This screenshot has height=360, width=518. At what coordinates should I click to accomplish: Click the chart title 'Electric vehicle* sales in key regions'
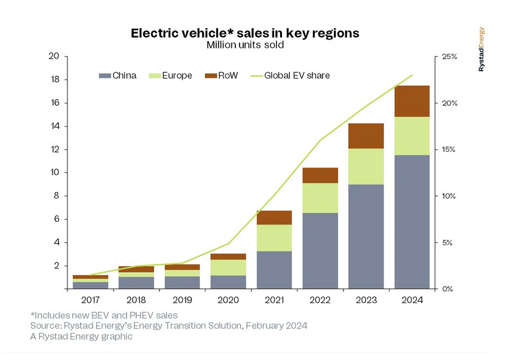pyautogui.click(x=245, y=33)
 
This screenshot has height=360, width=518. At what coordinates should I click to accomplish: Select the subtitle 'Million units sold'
pyautogui.click(x=245, y=45)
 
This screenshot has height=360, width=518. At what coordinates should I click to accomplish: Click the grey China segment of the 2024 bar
pyautogui.click(x=412, y=221)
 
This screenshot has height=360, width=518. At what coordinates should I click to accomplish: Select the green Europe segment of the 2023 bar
pyautogui.click(x=366, y=166)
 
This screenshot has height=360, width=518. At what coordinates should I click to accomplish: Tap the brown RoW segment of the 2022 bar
pyautogui.click(x=320, y=175)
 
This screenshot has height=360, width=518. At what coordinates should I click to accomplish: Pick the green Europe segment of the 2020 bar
pyautogui.click(x=229, y=267)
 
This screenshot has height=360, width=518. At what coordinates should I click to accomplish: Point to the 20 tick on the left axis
pyautogui.click(x=54, y=56)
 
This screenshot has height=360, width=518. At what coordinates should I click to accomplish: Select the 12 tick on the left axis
pyautogui.click(x=54, y=150)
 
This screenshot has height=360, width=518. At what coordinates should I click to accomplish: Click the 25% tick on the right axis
pyautogui.click(x=449, y=57)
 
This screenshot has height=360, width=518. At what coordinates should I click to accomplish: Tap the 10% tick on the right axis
pyautogui.click(x=449, y=196)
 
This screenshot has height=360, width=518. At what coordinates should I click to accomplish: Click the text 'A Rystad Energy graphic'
pyautogui.click(x=81, y=336)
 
